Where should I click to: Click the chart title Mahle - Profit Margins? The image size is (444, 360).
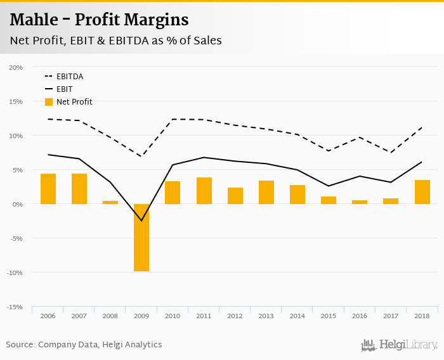pos(99,20)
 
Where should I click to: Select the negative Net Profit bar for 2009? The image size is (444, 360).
pos(141,238)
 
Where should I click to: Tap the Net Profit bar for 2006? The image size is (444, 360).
pos(48,189)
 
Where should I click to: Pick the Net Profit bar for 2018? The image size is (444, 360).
pos(422,192)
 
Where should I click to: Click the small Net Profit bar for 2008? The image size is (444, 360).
pos(110,202)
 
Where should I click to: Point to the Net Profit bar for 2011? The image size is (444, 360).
pos(204,191)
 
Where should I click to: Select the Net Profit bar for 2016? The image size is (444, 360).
pos(360,202)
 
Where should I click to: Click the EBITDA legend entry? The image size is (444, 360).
pos(69,77)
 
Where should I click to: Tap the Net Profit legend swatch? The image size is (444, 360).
pos(49,102)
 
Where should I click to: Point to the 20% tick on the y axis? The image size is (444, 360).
pos(16,67)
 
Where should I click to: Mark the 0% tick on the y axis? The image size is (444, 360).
pos(17,204)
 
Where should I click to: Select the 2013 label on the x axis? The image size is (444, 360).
pos(266,316)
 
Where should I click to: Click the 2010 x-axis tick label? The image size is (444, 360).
pos(173,316)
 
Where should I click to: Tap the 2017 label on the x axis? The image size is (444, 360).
pos(391,316)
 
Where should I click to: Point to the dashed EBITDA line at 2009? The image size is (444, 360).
pos(141,157)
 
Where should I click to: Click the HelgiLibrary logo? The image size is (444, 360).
pos(399,345)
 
